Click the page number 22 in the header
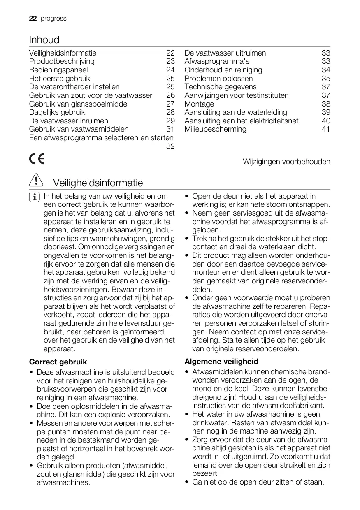tap(33, 19)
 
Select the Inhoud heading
tap(44, 40)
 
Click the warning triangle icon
tap(36, 181)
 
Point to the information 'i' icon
tap(36, 197)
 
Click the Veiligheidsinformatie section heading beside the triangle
tap(98, 183)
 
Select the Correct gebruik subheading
tap(58, 362)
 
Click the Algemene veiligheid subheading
tap(221, 362)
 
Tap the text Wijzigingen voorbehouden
tap(286, 162)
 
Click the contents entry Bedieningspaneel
tap(58, 70)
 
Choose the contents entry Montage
tap(199, 104)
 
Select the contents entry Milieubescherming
tap(215, 129)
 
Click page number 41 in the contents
tap(326, 129)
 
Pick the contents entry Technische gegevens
tap(220, 87)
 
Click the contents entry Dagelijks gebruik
tap(57, 112)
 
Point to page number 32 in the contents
tap(170, 146)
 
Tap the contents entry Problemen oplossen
tap(218, 79)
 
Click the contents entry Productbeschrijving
tap(62, 61)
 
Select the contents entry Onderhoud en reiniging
tap(223, 70)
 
